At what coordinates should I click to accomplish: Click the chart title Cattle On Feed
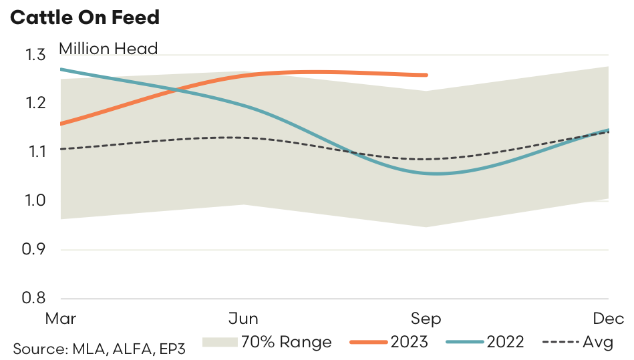(86, 17)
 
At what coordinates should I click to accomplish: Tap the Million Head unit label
(108, 49)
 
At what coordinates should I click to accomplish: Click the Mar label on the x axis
(60, 318)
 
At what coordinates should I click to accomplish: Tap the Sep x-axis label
(426, 318)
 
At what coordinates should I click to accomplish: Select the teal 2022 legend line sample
(463, 343)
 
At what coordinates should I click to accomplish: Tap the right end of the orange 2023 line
(426, 75)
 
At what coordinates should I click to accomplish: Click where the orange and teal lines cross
(176, 89)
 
